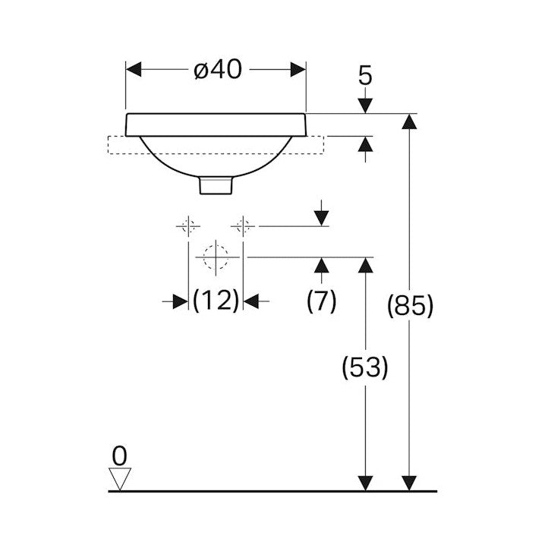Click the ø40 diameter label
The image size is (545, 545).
[x=218, y=70]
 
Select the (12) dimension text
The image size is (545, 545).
[x=216, y=301]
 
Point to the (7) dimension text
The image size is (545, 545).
[x=322, y=301]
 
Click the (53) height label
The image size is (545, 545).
[x=365, y=367]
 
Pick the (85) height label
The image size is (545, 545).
[x=410, y=306]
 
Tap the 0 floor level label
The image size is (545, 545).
[x=120, y=455]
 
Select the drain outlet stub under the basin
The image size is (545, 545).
[x=216, y=185]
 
